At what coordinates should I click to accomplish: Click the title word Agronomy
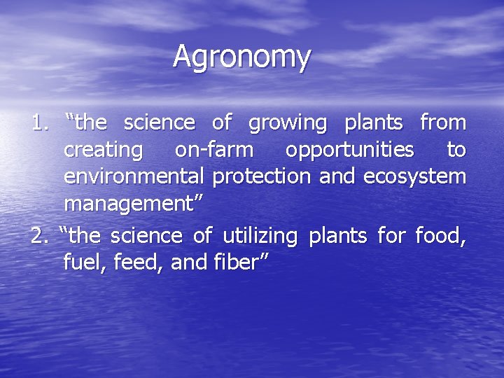pos(241,57)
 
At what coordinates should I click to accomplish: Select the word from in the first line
pos(442,123)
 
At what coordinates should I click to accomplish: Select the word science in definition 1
pos(159,123)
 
